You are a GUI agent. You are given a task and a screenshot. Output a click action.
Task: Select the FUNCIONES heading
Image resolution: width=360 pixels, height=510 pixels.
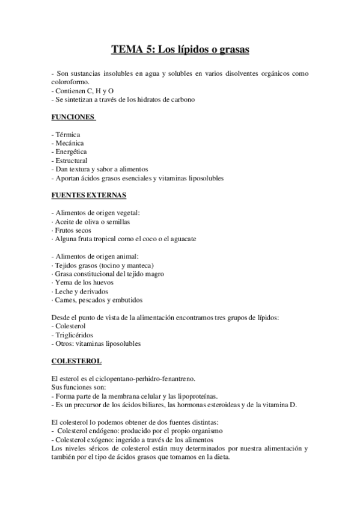[x=73, y=117]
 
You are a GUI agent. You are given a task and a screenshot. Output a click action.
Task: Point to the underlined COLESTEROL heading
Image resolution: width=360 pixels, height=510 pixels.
[x=76, y=361]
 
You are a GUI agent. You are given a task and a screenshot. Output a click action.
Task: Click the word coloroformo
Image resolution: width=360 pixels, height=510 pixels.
[x=71, y=82]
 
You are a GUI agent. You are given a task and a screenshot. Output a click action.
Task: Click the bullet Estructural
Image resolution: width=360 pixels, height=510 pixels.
[x=70, y=161]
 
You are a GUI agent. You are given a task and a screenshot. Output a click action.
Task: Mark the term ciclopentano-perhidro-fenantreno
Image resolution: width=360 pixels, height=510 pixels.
[x=148, y=379]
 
